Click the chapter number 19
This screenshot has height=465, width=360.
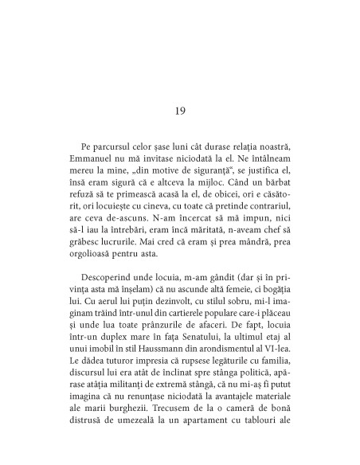point(180,110)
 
